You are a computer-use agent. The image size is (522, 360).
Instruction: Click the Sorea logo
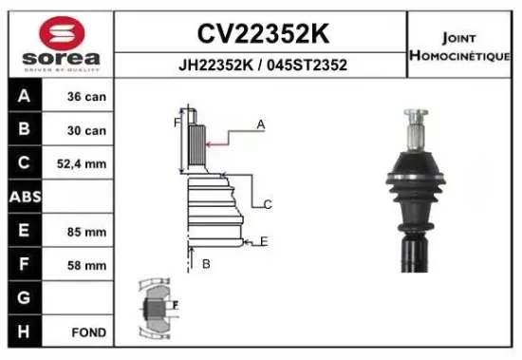tap(58, 42)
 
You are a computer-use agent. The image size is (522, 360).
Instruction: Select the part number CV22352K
tap(263, 34)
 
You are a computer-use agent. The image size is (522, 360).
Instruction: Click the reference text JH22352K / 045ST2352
tap(263, 66)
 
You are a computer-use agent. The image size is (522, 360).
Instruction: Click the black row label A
tap(23, 96)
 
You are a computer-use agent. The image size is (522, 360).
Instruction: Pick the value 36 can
tap(86, 97)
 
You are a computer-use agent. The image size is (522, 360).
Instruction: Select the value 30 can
tap(86, 130)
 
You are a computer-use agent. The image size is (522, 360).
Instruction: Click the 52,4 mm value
tap(86, 164)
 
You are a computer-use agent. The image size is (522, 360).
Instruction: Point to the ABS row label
tap(23, 198)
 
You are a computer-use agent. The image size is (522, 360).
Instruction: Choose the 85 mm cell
tap(86, 232)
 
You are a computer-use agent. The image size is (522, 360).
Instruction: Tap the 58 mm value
tap(86, 265)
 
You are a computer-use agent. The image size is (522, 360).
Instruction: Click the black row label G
tap(23, 298)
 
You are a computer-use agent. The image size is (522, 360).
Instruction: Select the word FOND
tap(88, 332)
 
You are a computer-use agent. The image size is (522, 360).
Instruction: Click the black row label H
tap(23, 332)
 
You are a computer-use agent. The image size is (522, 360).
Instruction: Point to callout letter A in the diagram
tap(260, 124)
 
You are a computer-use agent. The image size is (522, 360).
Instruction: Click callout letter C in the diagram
tap(269, 204)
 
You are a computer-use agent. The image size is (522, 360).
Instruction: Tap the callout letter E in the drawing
tap(264, 241)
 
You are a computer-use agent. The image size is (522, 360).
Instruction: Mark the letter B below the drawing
tap(205, 264)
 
